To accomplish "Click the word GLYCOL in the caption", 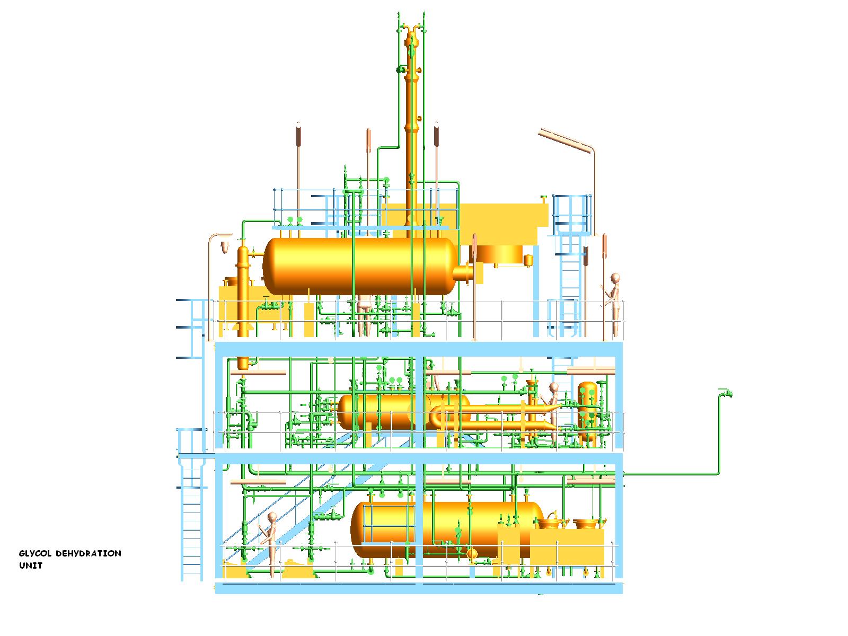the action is pos(35,553).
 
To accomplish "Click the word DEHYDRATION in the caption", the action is pos(89,553).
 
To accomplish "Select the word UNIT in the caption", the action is pos(31,566).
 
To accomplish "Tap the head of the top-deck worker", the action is pos(615,278).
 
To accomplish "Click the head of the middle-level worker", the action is pos(554,387).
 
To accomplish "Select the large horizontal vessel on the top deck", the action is pos(360,266).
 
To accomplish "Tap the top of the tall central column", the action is pos(411,33).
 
